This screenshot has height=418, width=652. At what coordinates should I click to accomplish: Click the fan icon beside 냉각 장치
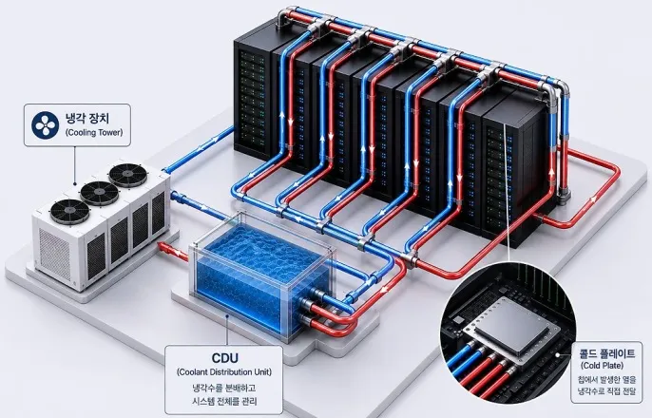45,124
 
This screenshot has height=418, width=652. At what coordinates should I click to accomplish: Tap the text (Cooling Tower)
93,133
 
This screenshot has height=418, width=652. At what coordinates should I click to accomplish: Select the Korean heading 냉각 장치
87,118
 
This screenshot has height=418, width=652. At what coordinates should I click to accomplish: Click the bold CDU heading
224,358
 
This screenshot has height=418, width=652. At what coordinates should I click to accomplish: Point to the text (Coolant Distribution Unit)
224,371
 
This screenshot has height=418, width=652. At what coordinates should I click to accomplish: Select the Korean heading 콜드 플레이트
607,353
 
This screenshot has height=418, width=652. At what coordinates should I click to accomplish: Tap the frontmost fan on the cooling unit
70,211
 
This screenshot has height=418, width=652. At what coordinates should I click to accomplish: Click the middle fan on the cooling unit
100,193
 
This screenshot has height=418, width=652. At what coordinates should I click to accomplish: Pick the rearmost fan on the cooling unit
128,175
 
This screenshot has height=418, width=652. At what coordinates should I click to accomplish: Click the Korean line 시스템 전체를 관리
224,402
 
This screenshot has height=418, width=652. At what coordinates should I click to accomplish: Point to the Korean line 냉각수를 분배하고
224,388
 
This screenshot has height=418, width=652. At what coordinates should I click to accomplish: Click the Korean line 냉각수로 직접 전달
606,391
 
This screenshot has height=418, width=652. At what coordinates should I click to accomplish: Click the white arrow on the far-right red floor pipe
593,199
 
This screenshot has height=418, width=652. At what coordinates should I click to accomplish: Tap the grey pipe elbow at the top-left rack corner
284,16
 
